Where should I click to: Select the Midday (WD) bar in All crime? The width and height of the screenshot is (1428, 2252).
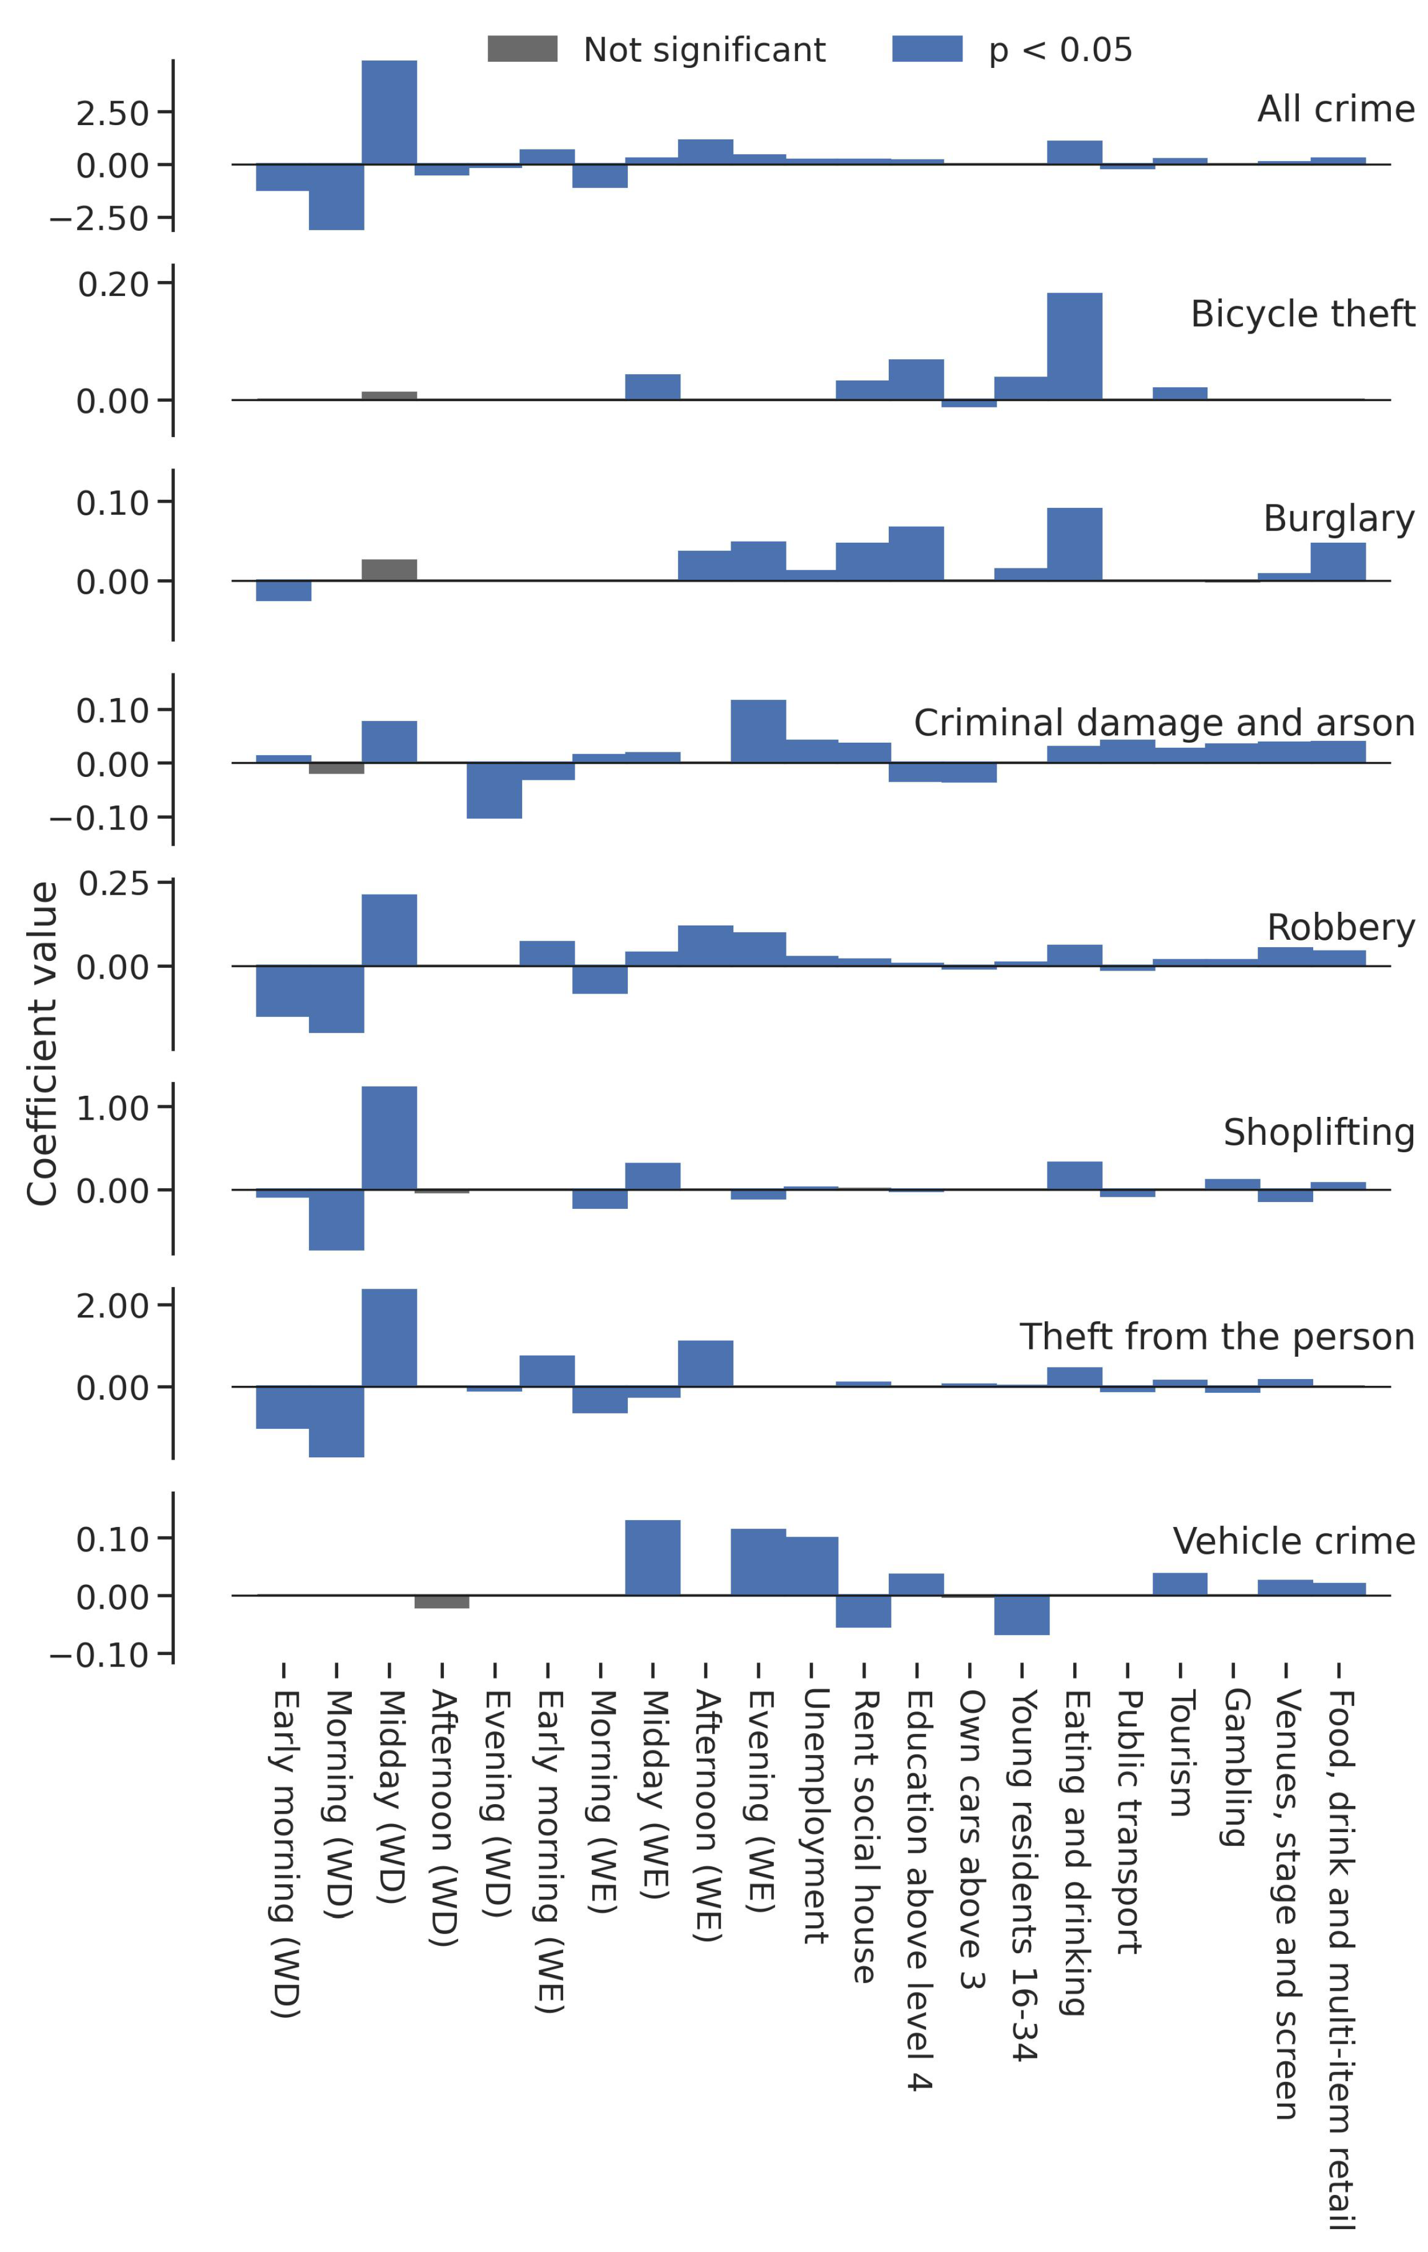389,112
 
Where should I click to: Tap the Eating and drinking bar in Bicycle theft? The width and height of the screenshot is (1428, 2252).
1074,346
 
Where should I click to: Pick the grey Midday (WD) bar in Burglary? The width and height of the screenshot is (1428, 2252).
389,570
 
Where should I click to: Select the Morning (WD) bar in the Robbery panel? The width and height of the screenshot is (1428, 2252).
336,999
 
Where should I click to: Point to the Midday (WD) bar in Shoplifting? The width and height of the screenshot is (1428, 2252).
389,1137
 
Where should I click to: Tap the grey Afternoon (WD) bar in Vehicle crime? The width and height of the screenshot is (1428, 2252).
442,1601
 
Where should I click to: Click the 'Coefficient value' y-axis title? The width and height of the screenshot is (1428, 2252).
43,1043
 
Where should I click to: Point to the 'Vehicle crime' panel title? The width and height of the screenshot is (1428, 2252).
1293,1540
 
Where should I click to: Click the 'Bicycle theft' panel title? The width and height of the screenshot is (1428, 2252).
1302,314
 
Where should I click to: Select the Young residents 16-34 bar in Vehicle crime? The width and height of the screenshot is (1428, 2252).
1021,1614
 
